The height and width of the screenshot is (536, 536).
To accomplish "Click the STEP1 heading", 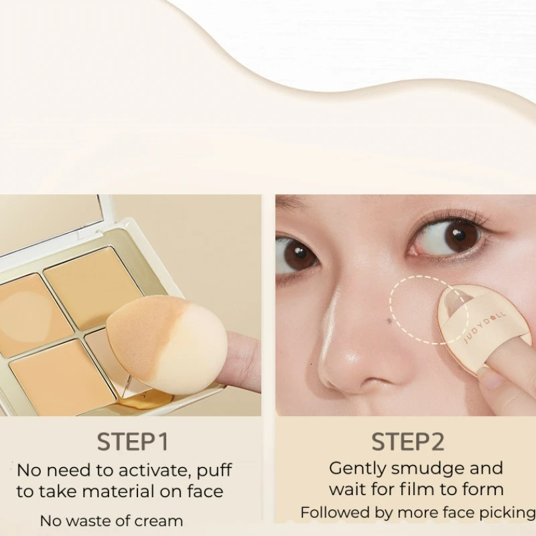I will click(x=133, y=442).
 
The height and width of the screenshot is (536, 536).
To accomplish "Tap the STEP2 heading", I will click(x=408, y=442).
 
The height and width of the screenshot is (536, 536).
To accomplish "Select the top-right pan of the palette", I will click(x=94, y=285).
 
